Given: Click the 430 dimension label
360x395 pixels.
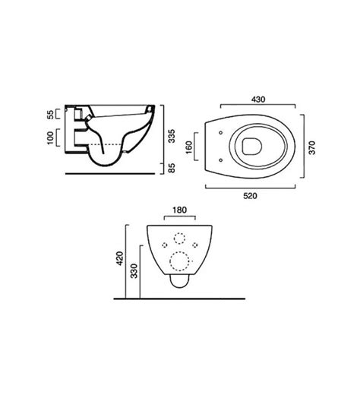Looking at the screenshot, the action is tap(258, 100).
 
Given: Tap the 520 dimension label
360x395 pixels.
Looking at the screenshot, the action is tap(250, 196).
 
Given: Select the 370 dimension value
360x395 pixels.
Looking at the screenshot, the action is tap(312, 147).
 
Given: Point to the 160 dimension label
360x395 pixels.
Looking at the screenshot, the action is tap(189, 147).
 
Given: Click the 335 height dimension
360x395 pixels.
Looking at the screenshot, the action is tap(172, 136).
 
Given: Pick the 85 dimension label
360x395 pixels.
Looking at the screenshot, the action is tap(172, 168).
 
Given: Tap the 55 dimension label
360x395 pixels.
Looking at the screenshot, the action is tap(51, 114).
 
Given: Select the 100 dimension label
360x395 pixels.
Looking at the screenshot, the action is tap(51, 137).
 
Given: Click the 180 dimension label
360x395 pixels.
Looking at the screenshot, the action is tap(180, 210).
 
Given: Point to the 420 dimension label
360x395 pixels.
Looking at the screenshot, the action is tap(120, 258).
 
